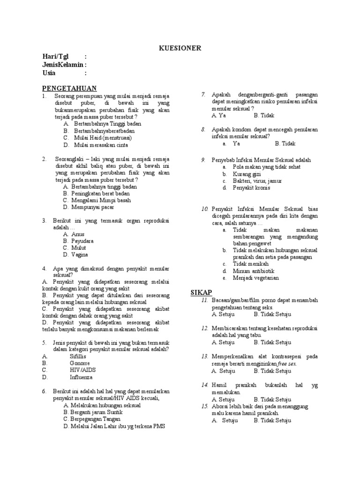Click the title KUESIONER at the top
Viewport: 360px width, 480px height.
180,48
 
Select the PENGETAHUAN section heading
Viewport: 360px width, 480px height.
69,88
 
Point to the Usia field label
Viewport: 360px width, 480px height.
49,73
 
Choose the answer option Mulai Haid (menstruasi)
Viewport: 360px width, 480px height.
103,138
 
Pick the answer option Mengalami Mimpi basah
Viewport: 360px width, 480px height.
101,200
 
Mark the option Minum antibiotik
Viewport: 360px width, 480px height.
254,271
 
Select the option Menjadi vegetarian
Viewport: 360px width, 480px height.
256,278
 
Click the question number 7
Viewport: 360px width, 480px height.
203,94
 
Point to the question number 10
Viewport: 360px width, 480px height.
204,209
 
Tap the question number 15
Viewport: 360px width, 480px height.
204,406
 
